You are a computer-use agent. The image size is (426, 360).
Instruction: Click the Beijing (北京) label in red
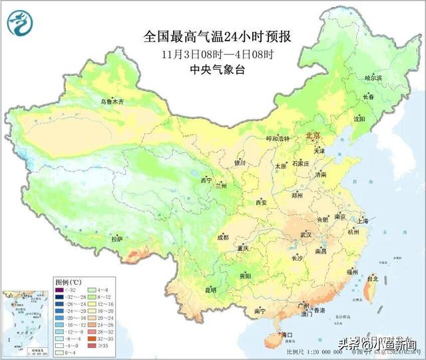pos(312,136)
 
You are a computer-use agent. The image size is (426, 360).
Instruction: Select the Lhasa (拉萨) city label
pos(117,238)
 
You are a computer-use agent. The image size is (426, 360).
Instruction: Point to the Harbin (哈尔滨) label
pos(373,78)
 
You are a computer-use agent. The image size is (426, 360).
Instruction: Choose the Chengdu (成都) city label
pos(222,237)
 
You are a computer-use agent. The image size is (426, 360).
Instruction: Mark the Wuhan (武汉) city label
pos(306,235)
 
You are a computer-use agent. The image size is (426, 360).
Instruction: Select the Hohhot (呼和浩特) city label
pos(278,138)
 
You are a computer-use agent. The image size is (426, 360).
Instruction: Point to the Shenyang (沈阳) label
pos(359,119)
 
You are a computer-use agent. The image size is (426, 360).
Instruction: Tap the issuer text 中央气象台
pos(217,69)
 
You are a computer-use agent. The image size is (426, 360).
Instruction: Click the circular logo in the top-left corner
pos(19,23)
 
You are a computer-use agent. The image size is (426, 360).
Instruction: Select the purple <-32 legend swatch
pos(62,290)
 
